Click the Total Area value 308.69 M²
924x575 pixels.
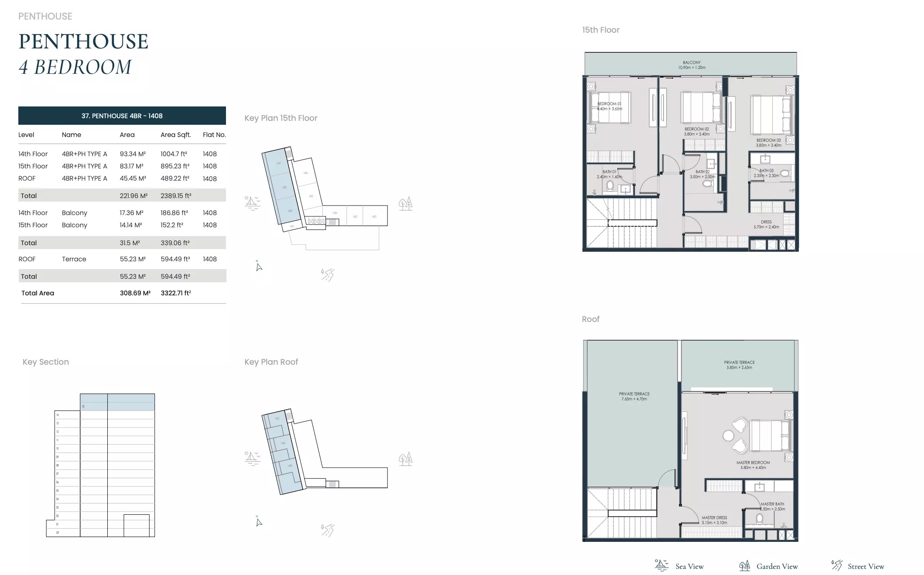[x=135, y=293]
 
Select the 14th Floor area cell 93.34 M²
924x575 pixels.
[x=133, y=154]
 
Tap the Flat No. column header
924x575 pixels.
[x=214, y=135]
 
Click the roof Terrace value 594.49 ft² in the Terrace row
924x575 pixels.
[x=175, y=259]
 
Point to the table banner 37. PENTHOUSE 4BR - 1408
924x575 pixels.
[x=122, y=116]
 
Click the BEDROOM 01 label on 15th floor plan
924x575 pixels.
[x=609, y=106]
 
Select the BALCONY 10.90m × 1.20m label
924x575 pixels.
[x=691, y=65]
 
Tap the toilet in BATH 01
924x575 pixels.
[x=610, y=186]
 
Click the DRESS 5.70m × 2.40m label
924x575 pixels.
[x=766, y=224]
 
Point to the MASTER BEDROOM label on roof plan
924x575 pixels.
[x=753, y=465]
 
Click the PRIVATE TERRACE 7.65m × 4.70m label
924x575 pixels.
[x=634, y=396]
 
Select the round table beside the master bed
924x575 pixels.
[x=728, y=435]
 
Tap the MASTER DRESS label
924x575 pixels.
[x=714, y=520]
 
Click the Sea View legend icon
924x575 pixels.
[x=661, y=565]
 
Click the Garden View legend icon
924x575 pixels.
[x=744, y=566]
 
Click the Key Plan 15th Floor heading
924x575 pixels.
[x=281, y=118]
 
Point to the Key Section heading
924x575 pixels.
[x=46, y=362]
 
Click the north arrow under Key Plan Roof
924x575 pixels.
[x=259, y=522]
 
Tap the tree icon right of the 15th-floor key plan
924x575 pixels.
[x=405, y=204]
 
